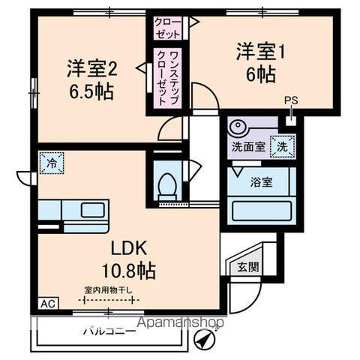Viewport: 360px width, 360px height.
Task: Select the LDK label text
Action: pos(130,250)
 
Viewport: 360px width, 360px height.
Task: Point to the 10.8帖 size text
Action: pos(130,271)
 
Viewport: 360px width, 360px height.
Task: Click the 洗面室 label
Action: pos(247,147)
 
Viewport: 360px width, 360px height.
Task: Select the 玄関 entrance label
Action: pos(248,265)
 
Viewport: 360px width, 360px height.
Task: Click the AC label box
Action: pos(46,304)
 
